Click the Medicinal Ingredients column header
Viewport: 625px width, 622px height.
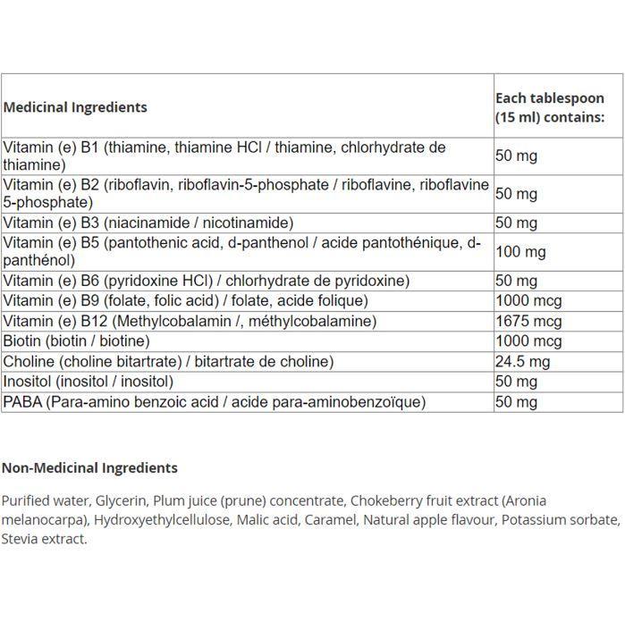(x=75, y=107)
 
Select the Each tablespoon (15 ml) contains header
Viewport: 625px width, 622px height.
(x=549, y=107)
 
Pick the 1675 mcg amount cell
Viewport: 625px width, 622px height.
(x=528, y=321)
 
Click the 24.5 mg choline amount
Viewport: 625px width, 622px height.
(x=522, y=361)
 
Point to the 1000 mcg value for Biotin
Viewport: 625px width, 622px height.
(x=528, y=341)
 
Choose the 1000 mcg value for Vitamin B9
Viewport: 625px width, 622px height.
(x=528, y=301)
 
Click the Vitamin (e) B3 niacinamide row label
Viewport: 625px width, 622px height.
(x=148, y=223)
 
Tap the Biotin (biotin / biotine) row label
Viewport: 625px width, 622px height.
(x=76, y=341)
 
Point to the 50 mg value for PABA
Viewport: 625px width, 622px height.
(x=516, y=402)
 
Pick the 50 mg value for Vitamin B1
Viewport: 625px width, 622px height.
(x=516, y=156)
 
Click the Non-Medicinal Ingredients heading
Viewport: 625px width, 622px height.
(x=89, y=467)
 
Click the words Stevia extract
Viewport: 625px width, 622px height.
(x=44, y=539)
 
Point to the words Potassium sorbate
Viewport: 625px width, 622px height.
(x=560, y=519)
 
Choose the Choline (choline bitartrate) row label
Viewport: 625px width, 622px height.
(x=168, y=361)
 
